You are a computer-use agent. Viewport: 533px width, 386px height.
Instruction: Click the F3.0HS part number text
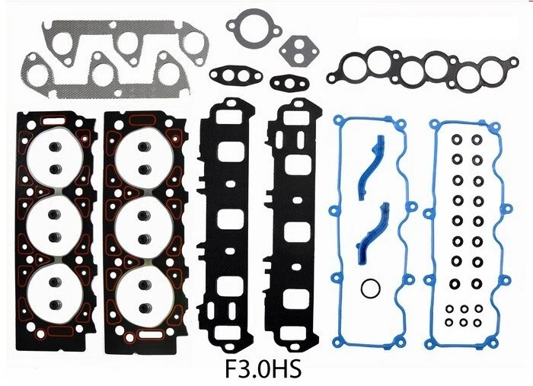click(x=263, y=369)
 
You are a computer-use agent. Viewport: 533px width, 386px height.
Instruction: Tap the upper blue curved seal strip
click(x=372, y=167)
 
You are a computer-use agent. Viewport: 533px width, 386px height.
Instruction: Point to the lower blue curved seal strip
click(x=372, y=234)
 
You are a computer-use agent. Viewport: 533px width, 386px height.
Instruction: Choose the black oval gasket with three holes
click(x=235, y=75)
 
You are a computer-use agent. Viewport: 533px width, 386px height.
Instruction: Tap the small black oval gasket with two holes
click(x=289, y=82)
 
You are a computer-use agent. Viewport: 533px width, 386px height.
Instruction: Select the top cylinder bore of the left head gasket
click(x=55, y=158)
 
